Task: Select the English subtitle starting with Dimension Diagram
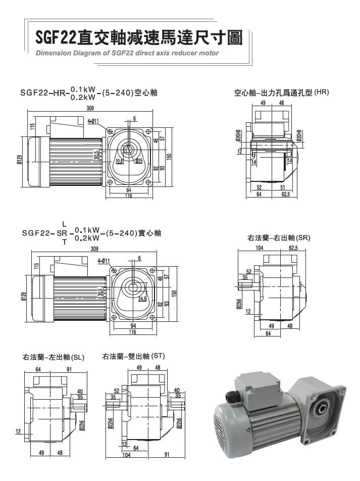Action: click(x=127, y=53)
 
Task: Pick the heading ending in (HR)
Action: click(x=281, y=93)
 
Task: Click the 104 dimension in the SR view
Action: click(x=260, y=248)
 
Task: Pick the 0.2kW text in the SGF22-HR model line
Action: click(x=83, y=97)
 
